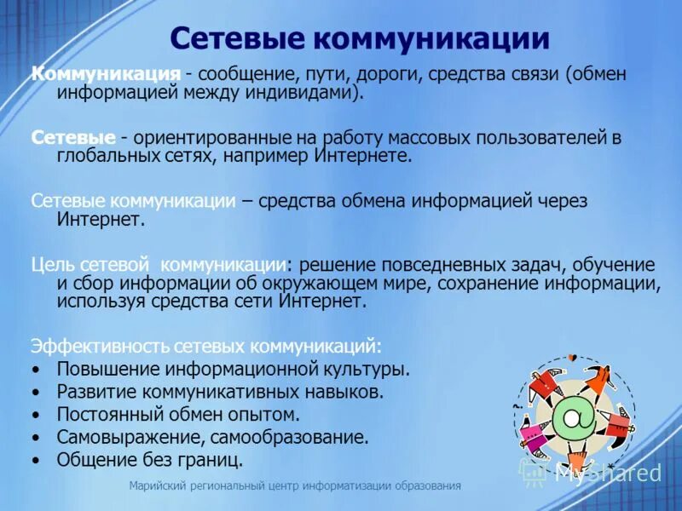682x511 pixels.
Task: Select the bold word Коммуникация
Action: click(106, 74)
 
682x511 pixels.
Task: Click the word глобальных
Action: click(102, 156)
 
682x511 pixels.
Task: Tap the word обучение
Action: click(613, 264)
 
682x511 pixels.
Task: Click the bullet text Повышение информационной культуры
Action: click(233, 370)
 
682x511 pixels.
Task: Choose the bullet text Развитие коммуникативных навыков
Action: click(220, 393)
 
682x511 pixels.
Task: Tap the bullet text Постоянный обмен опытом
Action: click(178, 415)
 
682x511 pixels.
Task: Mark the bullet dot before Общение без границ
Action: click(35, 461)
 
